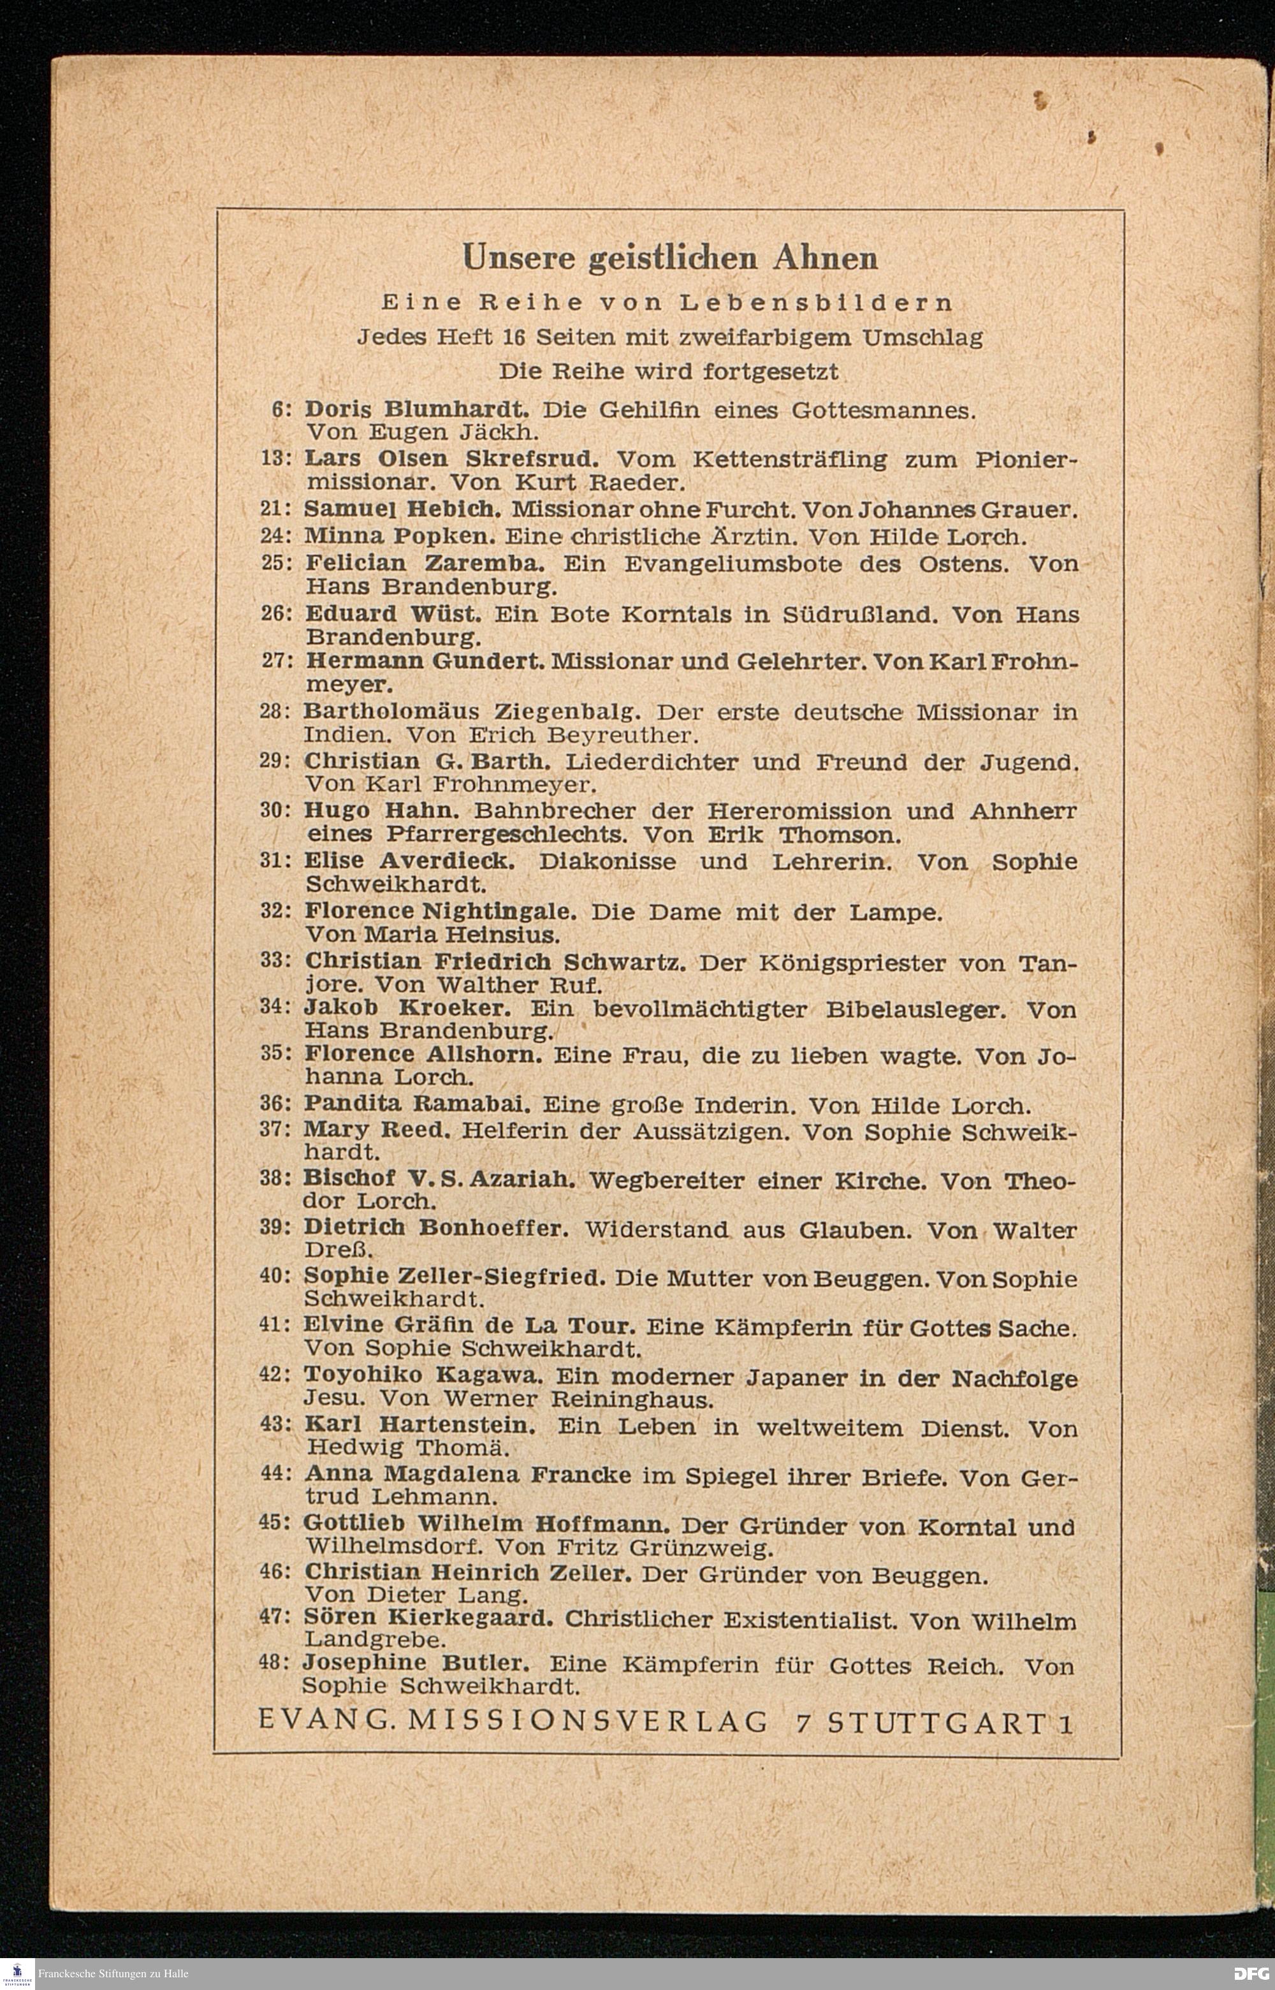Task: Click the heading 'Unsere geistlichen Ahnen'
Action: point(670,258)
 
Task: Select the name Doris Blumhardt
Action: point(418,410)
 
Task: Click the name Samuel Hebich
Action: point(401,509)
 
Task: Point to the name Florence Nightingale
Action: point(441,911)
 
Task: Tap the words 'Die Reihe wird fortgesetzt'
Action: point(669,371)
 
